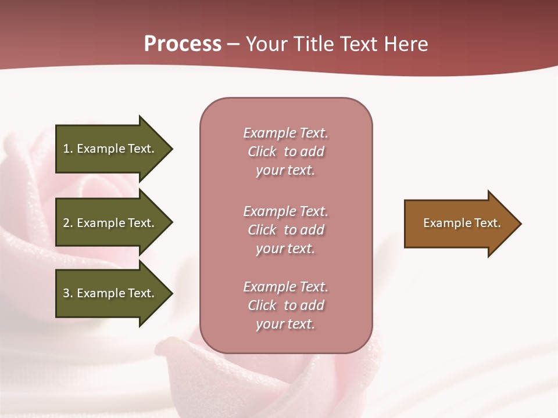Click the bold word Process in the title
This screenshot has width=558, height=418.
pyautogui.click(x=183, y=44)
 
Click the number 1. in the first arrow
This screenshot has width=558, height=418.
pyautogui.click(x=68, y=149)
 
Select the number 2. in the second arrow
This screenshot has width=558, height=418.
pyautogui.click(x=68, y=223)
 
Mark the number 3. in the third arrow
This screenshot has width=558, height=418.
pyautogui.click(x=68, y=293)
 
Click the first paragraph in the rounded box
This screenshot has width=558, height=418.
pyautogui.click(x=285, y=152)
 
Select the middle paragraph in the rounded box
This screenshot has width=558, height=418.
pyautogui.click(x=285, y=230)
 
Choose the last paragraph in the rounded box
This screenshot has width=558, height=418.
pyautogui.click(x=285, y=305)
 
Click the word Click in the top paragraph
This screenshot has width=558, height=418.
pyautogui.click(x=262, y=152)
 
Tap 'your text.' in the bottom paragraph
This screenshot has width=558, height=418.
pyautogui.click(x=285, y=324)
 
